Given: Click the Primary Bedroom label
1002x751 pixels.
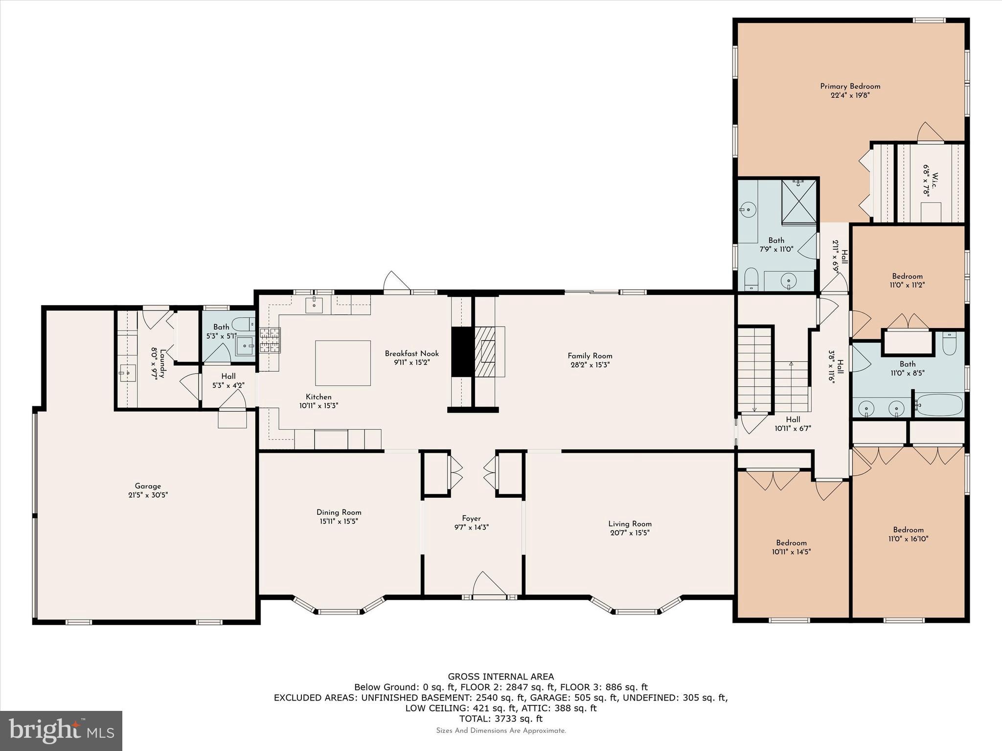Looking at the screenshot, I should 850,87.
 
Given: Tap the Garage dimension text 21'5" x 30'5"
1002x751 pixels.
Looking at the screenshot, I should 148,495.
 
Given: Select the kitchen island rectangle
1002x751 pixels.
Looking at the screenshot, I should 342,363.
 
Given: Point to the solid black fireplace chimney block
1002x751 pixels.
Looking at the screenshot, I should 462,352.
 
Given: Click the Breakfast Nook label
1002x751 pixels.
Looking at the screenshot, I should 411,353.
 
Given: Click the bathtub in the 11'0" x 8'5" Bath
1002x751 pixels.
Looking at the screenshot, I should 939,405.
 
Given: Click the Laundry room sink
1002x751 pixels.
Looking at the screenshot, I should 127,373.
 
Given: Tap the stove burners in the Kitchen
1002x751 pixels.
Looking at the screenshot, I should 270,340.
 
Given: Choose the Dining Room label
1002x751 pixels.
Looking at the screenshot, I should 339,512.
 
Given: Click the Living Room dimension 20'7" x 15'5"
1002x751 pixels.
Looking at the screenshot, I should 630,533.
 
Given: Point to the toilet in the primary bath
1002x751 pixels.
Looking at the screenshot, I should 751,279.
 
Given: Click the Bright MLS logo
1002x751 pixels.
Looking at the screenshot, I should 61,730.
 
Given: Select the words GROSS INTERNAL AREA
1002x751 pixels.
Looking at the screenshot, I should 501,677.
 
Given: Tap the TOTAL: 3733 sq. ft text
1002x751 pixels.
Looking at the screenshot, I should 501,719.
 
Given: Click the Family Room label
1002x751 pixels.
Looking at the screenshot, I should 590,356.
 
